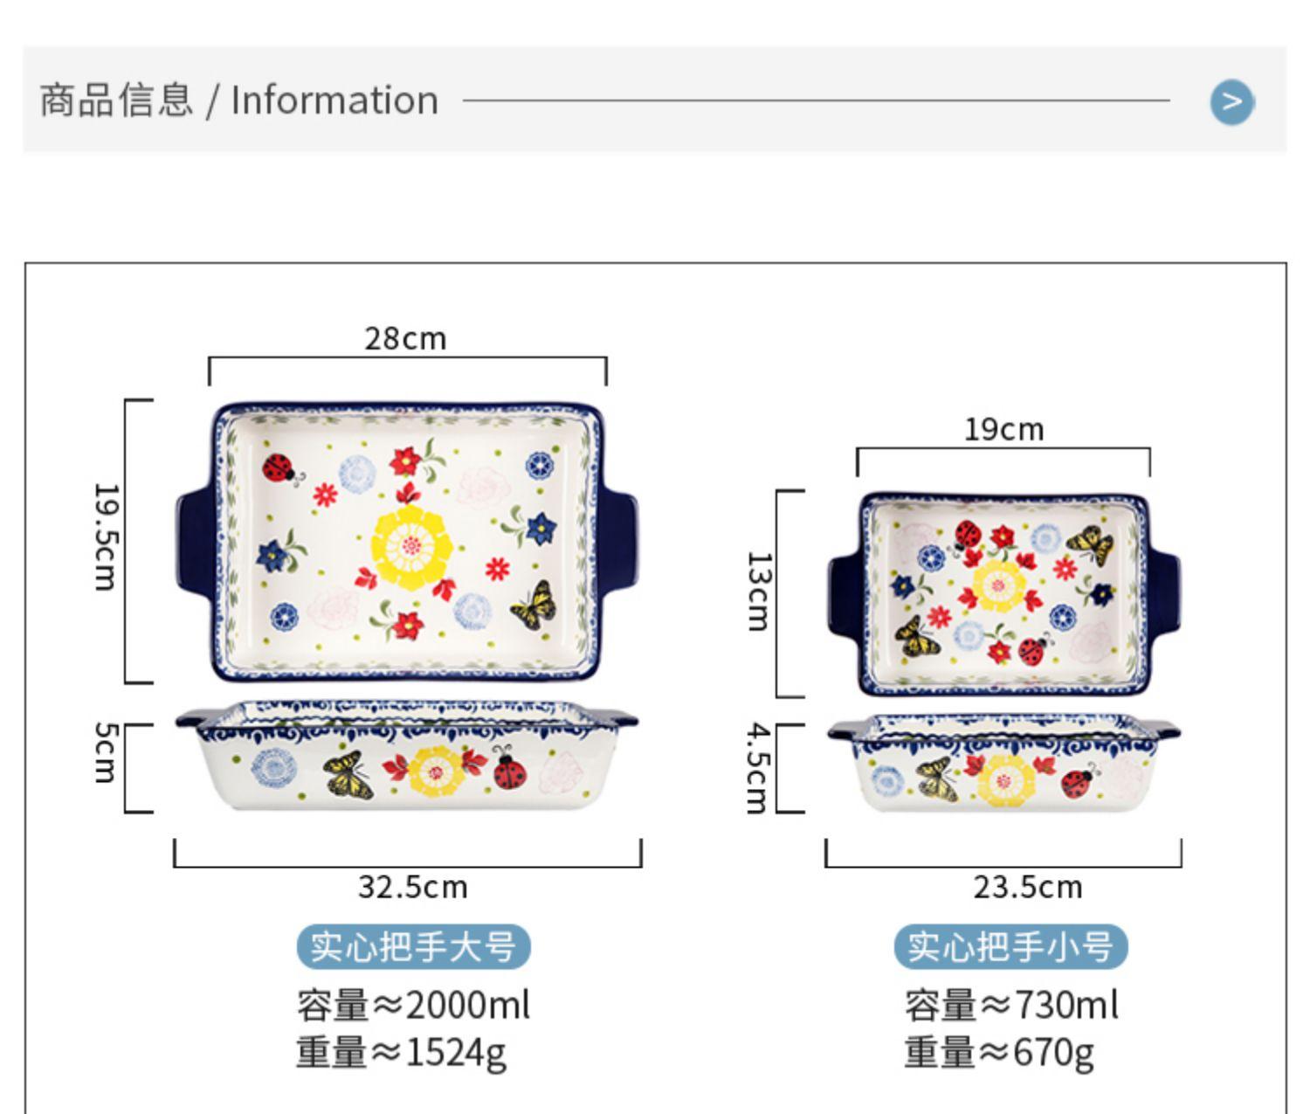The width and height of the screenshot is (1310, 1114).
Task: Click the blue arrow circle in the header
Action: tap(1231, 102)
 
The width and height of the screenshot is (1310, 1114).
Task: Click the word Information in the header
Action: tap(334, 100)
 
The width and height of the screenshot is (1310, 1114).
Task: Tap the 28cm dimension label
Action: tap(405, 338)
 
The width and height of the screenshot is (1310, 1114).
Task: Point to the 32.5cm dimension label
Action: tap(412, 887)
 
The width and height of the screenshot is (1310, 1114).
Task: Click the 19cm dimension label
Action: tap(1003, 429)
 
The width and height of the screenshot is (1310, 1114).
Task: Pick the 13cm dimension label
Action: tap(757, 591)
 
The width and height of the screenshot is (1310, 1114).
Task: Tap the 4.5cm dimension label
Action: tap(757, 767)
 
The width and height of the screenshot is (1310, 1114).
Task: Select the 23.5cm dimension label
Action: tap(1027, 887)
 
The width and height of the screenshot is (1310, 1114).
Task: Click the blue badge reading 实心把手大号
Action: tap(413, 946)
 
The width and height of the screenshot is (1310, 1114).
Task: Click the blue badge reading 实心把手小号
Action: tap(1010, 946)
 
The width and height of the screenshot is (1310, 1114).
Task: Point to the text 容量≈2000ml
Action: tap(413, 1005)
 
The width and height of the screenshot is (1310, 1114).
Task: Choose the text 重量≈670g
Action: tap(998, 1051)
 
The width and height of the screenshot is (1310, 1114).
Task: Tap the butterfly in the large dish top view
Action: tap(534, 605)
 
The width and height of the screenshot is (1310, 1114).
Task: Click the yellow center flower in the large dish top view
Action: tap(411, 546)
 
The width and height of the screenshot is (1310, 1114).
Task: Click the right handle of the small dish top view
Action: tap(1163, 594)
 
